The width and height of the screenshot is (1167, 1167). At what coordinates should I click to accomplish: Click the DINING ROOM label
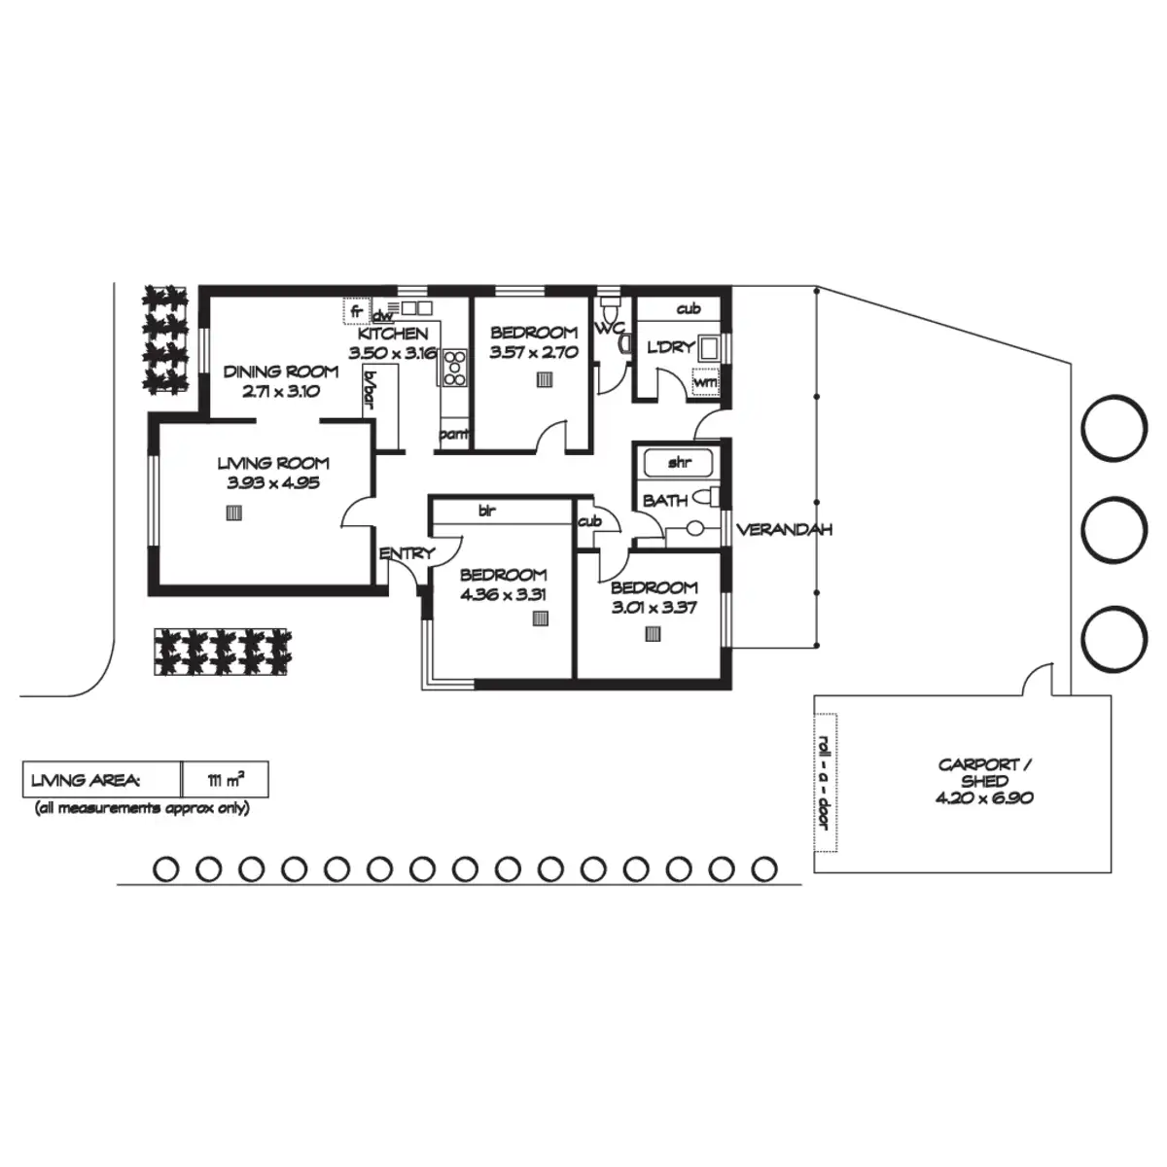(281, 371)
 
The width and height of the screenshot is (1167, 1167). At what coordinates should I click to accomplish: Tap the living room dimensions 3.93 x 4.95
(272, 481)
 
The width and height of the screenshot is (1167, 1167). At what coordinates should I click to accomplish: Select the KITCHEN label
(393, 334)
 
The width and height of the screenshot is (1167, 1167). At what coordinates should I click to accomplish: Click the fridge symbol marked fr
(357, 312)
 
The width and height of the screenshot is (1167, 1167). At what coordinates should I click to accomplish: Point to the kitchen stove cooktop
(454, 368)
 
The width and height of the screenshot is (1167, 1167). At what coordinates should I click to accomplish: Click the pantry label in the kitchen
(454, 434)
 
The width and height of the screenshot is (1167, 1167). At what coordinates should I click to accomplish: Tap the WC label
(610, 329)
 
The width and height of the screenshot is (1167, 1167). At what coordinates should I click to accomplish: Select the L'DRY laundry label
(669, 347)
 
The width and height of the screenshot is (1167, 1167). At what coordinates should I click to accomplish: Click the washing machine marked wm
(705, 382)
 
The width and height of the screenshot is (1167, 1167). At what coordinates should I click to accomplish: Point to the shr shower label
(679, 463)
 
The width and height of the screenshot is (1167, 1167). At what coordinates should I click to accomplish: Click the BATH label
(665, 500)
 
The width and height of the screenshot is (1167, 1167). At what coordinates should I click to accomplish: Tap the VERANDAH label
(784, 530)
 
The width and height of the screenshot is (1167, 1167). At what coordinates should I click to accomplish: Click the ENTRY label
(407, 554)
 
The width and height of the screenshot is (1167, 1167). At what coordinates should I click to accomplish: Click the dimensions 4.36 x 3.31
(503, 594)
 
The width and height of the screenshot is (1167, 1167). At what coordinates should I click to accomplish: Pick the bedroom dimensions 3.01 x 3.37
(654, 608)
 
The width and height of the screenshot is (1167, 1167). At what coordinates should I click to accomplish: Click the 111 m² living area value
(225, 780)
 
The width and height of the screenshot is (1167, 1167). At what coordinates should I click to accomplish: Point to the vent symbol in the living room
(233, 514)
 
